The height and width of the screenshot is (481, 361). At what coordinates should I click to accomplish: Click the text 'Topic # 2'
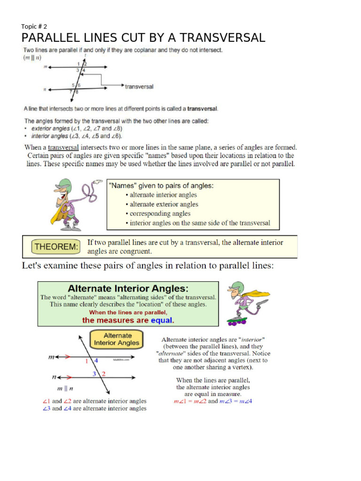click(x=34, y=26)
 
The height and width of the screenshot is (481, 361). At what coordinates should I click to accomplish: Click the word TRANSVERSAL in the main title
click(x=222, y=38)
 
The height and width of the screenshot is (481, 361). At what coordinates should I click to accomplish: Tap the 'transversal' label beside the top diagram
click(x=139, y=86)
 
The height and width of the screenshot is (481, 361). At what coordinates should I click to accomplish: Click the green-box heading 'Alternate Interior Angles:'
click(x=128, y=288)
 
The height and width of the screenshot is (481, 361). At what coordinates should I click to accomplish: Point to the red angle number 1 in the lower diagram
click(x=87, y=361)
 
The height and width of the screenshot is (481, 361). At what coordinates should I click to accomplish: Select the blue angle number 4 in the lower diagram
click(x=96, y=360)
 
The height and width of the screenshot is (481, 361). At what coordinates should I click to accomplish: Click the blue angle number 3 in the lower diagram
click(x=94, y=374)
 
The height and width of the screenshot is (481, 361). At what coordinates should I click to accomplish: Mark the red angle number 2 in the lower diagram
click(x=103, y=374)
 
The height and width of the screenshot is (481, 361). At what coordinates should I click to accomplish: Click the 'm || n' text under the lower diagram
click(x=65, y=388)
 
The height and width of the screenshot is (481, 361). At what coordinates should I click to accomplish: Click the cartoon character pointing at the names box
click(x=71, y=204)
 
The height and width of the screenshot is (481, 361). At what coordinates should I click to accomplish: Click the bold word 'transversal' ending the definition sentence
click(x=202, y=109)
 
